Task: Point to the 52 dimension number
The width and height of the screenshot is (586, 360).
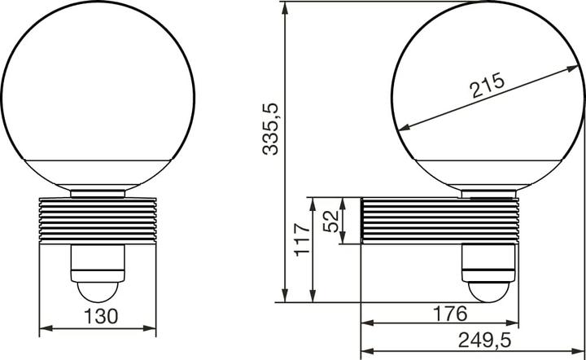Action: tap(331, 220)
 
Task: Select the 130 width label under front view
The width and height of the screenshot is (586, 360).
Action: tap(98, 315)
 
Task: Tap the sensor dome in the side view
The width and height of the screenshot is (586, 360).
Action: tap(488, 289)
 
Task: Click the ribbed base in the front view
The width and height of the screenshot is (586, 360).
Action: tap(98, 220)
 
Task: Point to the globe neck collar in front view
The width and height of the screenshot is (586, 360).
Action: tap(98, 194)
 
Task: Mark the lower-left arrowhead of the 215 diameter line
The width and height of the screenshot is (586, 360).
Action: tap(400, 126)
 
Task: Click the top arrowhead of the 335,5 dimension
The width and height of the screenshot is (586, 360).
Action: tap(285, 6)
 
